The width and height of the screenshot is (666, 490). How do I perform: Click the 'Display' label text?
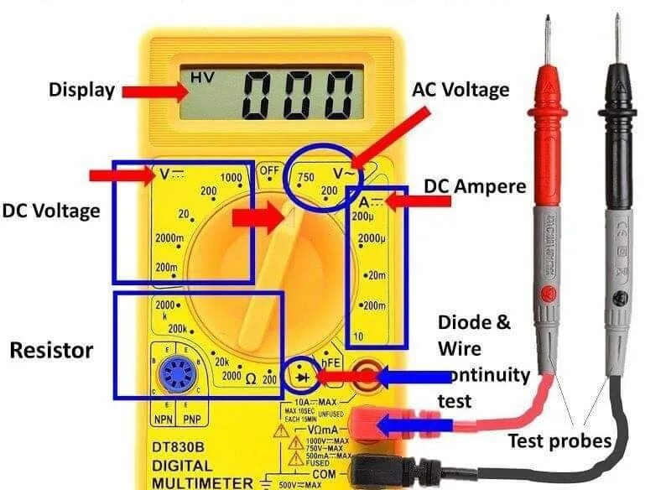[x=81, y=89]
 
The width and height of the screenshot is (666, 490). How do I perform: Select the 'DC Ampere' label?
[x=476, y=186]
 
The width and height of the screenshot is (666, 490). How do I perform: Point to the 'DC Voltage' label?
[x=50, y=211]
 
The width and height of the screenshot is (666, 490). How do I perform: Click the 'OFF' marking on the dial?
[x=269, y=170]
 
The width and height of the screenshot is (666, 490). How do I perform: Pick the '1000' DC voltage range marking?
[x=231, y=177]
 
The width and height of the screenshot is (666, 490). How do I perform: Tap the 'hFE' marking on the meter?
[x=334, y=361]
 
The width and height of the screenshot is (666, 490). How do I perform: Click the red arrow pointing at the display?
[x=148, y=89]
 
